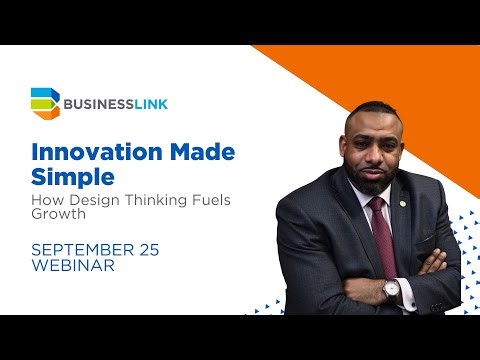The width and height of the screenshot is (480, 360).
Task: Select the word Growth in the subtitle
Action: click(57, 217)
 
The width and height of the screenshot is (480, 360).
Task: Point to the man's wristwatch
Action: click(391, 291)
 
